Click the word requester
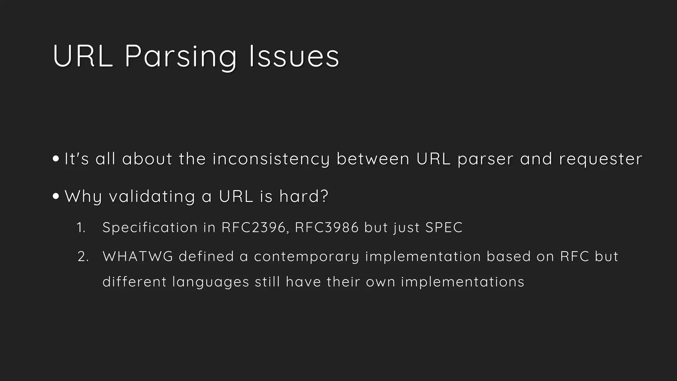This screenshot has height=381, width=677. click(x=601, y=159)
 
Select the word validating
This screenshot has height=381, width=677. click(x=152, y=196)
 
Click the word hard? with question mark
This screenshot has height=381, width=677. click(x=304, y=196)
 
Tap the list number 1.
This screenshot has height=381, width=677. click(x=81, y=228)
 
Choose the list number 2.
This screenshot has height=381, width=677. click(x=83, y=257)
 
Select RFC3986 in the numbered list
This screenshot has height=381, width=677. click(x=327, y=228)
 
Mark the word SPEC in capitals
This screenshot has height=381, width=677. click(x=444, y=228)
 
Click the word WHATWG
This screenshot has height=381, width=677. click(x=138, y=257)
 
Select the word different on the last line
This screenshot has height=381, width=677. click(x=135, y=282)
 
